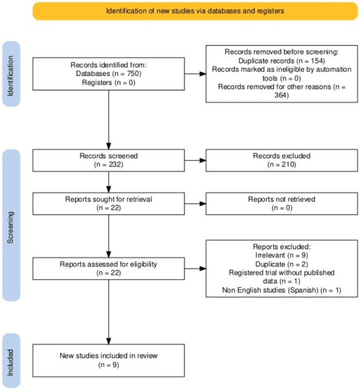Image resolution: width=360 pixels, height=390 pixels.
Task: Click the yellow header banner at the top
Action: point(195,11)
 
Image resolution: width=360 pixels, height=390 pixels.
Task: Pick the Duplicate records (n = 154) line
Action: point(282,61)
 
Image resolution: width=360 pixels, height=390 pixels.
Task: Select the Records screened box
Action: point(108,160)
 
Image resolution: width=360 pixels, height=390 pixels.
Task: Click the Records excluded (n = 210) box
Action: point(282,160)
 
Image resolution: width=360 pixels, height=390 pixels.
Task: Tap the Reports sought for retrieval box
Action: point(108,203)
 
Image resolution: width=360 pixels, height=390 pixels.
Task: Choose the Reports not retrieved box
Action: point(282,203)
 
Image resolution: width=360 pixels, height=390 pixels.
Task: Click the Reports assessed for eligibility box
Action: point(108,269)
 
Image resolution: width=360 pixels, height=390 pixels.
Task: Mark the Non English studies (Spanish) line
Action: point(282,291)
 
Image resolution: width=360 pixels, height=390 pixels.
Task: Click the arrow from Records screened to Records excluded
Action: point(195,160)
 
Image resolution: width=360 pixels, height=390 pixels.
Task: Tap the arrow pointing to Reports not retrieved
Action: point(195,203)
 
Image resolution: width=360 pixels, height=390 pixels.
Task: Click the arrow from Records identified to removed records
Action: point(195,74)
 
